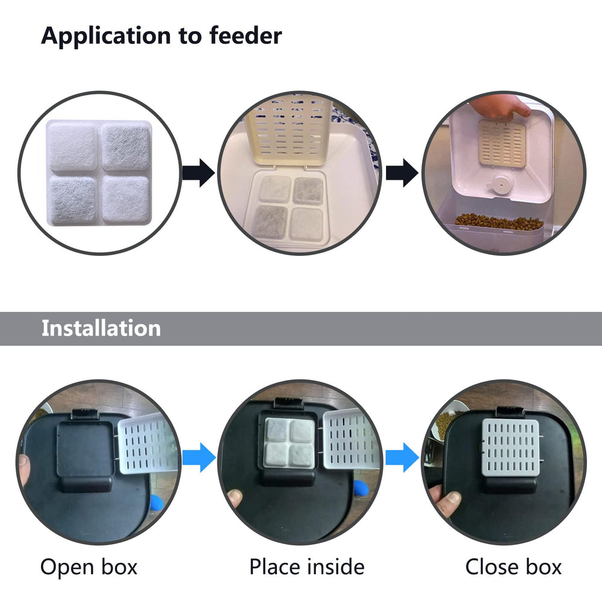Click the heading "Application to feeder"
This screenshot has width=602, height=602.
pos(161,36)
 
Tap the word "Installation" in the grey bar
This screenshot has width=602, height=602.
pos(101,328)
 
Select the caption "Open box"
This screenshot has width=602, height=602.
pos(88,566)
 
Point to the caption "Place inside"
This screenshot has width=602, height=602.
pos(306,566)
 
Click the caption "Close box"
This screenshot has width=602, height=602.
pos(513,566)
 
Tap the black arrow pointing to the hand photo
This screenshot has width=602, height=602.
pos(402,174)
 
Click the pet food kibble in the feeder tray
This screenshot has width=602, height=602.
pos(491,222)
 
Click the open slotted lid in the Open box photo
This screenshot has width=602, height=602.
pos(147,445)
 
